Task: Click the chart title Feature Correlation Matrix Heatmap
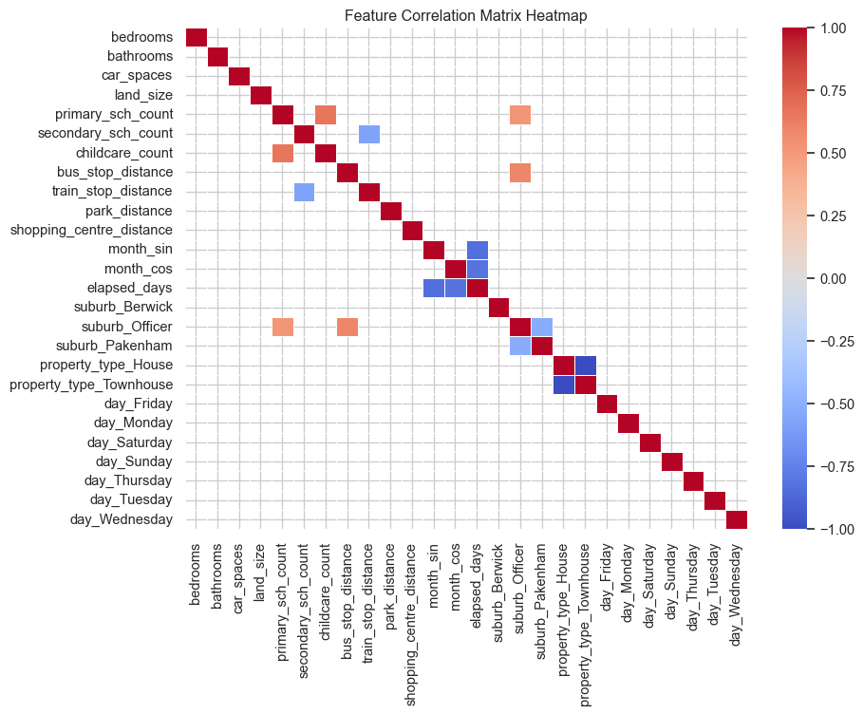pos(465,15)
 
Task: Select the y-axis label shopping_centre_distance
pos(91,230)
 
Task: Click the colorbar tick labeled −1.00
pos(835,529)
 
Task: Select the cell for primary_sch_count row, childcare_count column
pos(326,115)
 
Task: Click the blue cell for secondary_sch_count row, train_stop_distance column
pos(369,134)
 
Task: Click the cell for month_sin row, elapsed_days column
pos(477,250)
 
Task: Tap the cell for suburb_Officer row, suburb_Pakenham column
pos(541,327)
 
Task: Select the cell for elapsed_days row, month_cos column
pos(455,288)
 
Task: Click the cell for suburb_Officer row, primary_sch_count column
pos(283,327)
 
